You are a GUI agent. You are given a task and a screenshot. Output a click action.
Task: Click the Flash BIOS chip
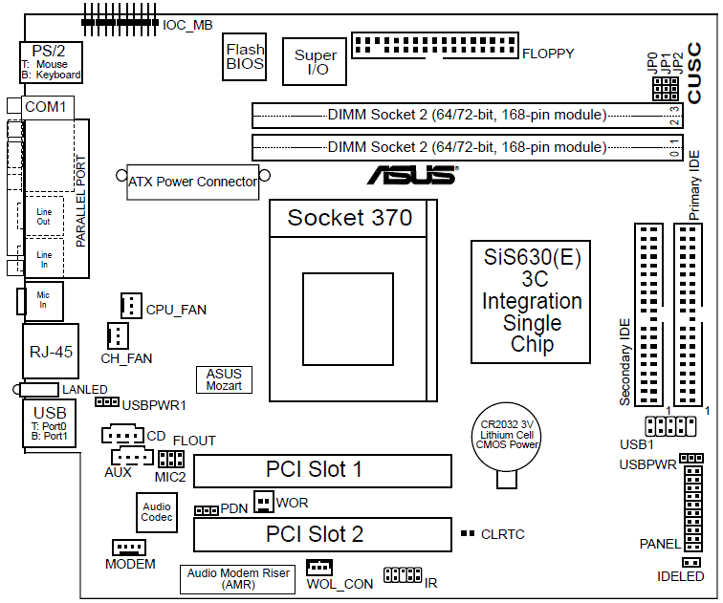click(x=245, y=57)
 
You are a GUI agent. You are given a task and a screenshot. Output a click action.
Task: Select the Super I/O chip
click(x=316, y=63)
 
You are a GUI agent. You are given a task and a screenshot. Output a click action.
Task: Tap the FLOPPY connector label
click(x=548, y=54)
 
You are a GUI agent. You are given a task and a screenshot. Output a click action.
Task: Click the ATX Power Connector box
click(x=193, y=181)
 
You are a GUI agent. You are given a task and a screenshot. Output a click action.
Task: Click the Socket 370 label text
click(x=350, y=218)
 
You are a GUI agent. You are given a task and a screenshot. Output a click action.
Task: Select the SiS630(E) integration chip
click(x=532, y=301)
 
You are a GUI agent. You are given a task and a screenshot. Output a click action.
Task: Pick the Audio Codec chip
click(x=157, y=512)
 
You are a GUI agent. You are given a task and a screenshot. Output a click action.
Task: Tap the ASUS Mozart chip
click(x=224, y=380)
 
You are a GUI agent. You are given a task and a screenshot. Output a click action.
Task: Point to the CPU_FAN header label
click(x=176, y=310)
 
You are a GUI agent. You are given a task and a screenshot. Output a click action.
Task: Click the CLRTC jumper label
click(x=503, y=534)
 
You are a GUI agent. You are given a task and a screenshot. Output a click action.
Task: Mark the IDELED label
click(x=681, y=577)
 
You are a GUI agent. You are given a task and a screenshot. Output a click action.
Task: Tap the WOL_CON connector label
click(x=340, y=584)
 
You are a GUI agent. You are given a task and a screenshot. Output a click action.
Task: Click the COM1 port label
click(x=45, y=107)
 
